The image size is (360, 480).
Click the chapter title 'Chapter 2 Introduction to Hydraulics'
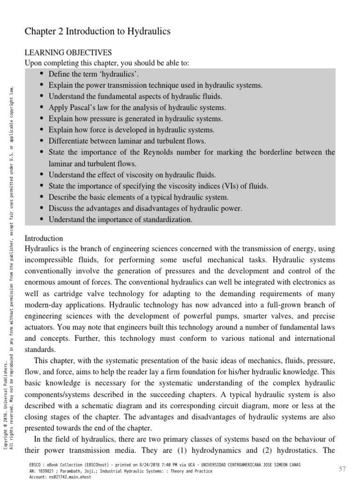click(x=97, y=31)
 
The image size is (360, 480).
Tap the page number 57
click(x=342, y=469)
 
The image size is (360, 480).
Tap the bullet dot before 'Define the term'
click(x=42, y=74)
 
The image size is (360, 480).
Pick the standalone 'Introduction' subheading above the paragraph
click(x=44, y=238)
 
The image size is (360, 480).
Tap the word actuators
click(x=42, y=327)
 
